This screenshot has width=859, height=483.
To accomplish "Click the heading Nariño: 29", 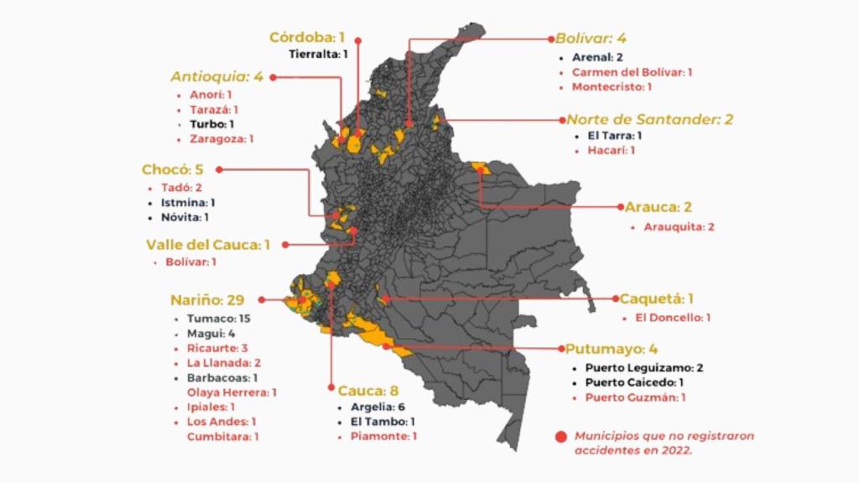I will coord(210,299).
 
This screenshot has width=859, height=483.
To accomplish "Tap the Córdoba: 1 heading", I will coord(307,37).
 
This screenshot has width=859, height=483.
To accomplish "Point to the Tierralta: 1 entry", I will coord(318,55).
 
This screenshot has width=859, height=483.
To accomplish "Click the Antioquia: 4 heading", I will coord(216,76).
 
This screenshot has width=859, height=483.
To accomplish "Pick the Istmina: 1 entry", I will coord(188,202).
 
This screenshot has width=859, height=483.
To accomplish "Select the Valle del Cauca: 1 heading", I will coord(208,245).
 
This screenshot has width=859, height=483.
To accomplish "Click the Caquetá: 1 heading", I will coord(657,299).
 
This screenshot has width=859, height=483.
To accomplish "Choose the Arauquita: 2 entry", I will coord(679,226).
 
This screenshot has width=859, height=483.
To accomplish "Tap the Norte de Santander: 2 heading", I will coord(649,119).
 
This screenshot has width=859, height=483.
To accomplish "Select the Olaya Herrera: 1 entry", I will coord(232,392).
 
